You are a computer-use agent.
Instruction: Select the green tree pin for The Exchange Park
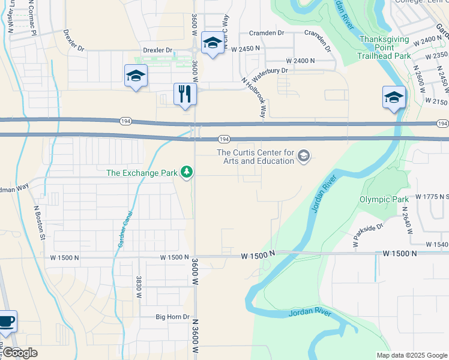coord(187,173)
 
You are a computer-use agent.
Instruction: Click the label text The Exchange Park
coord(142,173)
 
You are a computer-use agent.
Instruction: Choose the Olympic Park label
coord(384,199)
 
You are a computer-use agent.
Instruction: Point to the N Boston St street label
coord(39,223)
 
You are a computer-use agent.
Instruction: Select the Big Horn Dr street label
coord(172,317)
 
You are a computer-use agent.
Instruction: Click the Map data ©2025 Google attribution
coord(411,355)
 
